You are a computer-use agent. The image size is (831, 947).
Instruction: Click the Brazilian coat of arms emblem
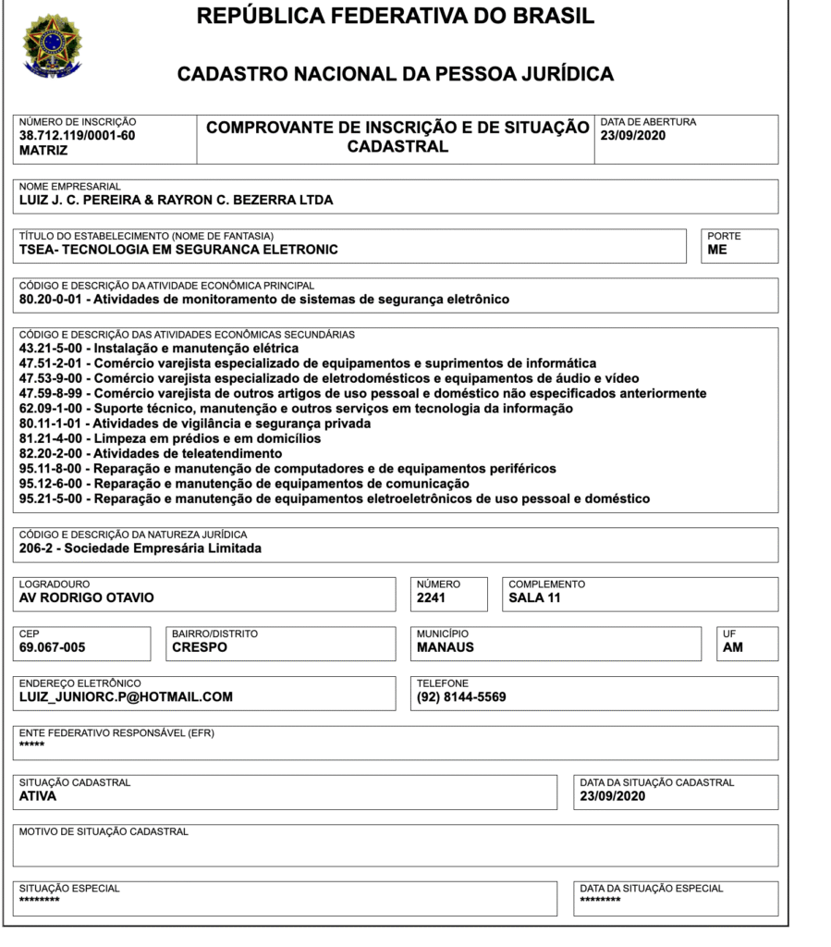53,44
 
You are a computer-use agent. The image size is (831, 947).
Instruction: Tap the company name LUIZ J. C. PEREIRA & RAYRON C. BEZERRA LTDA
176,200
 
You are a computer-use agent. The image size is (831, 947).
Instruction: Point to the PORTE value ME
716,250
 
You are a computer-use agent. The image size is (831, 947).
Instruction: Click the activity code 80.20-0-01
51,300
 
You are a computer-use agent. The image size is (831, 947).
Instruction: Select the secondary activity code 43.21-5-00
51,349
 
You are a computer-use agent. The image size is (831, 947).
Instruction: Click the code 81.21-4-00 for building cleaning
51,438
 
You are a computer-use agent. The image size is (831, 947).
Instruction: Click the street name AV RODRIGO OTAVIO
86,598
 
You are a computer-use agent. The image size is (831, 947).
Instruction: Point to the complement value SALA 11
535,598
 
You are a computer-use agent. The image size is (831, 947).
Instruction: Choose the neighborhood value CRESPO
199,648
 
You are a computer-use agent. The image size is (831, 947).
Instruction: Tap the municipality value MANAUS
446,648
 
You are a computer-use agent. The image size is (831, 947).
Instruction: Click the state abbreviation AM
733,648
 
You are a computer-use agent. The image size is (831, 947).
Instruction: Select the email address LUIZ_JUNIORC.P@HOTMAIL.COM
126,697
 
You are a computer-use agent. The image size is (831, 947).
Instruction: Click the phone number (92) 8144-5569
461,697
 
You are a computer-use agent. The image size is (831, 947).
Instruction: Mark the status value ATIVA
38,796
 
